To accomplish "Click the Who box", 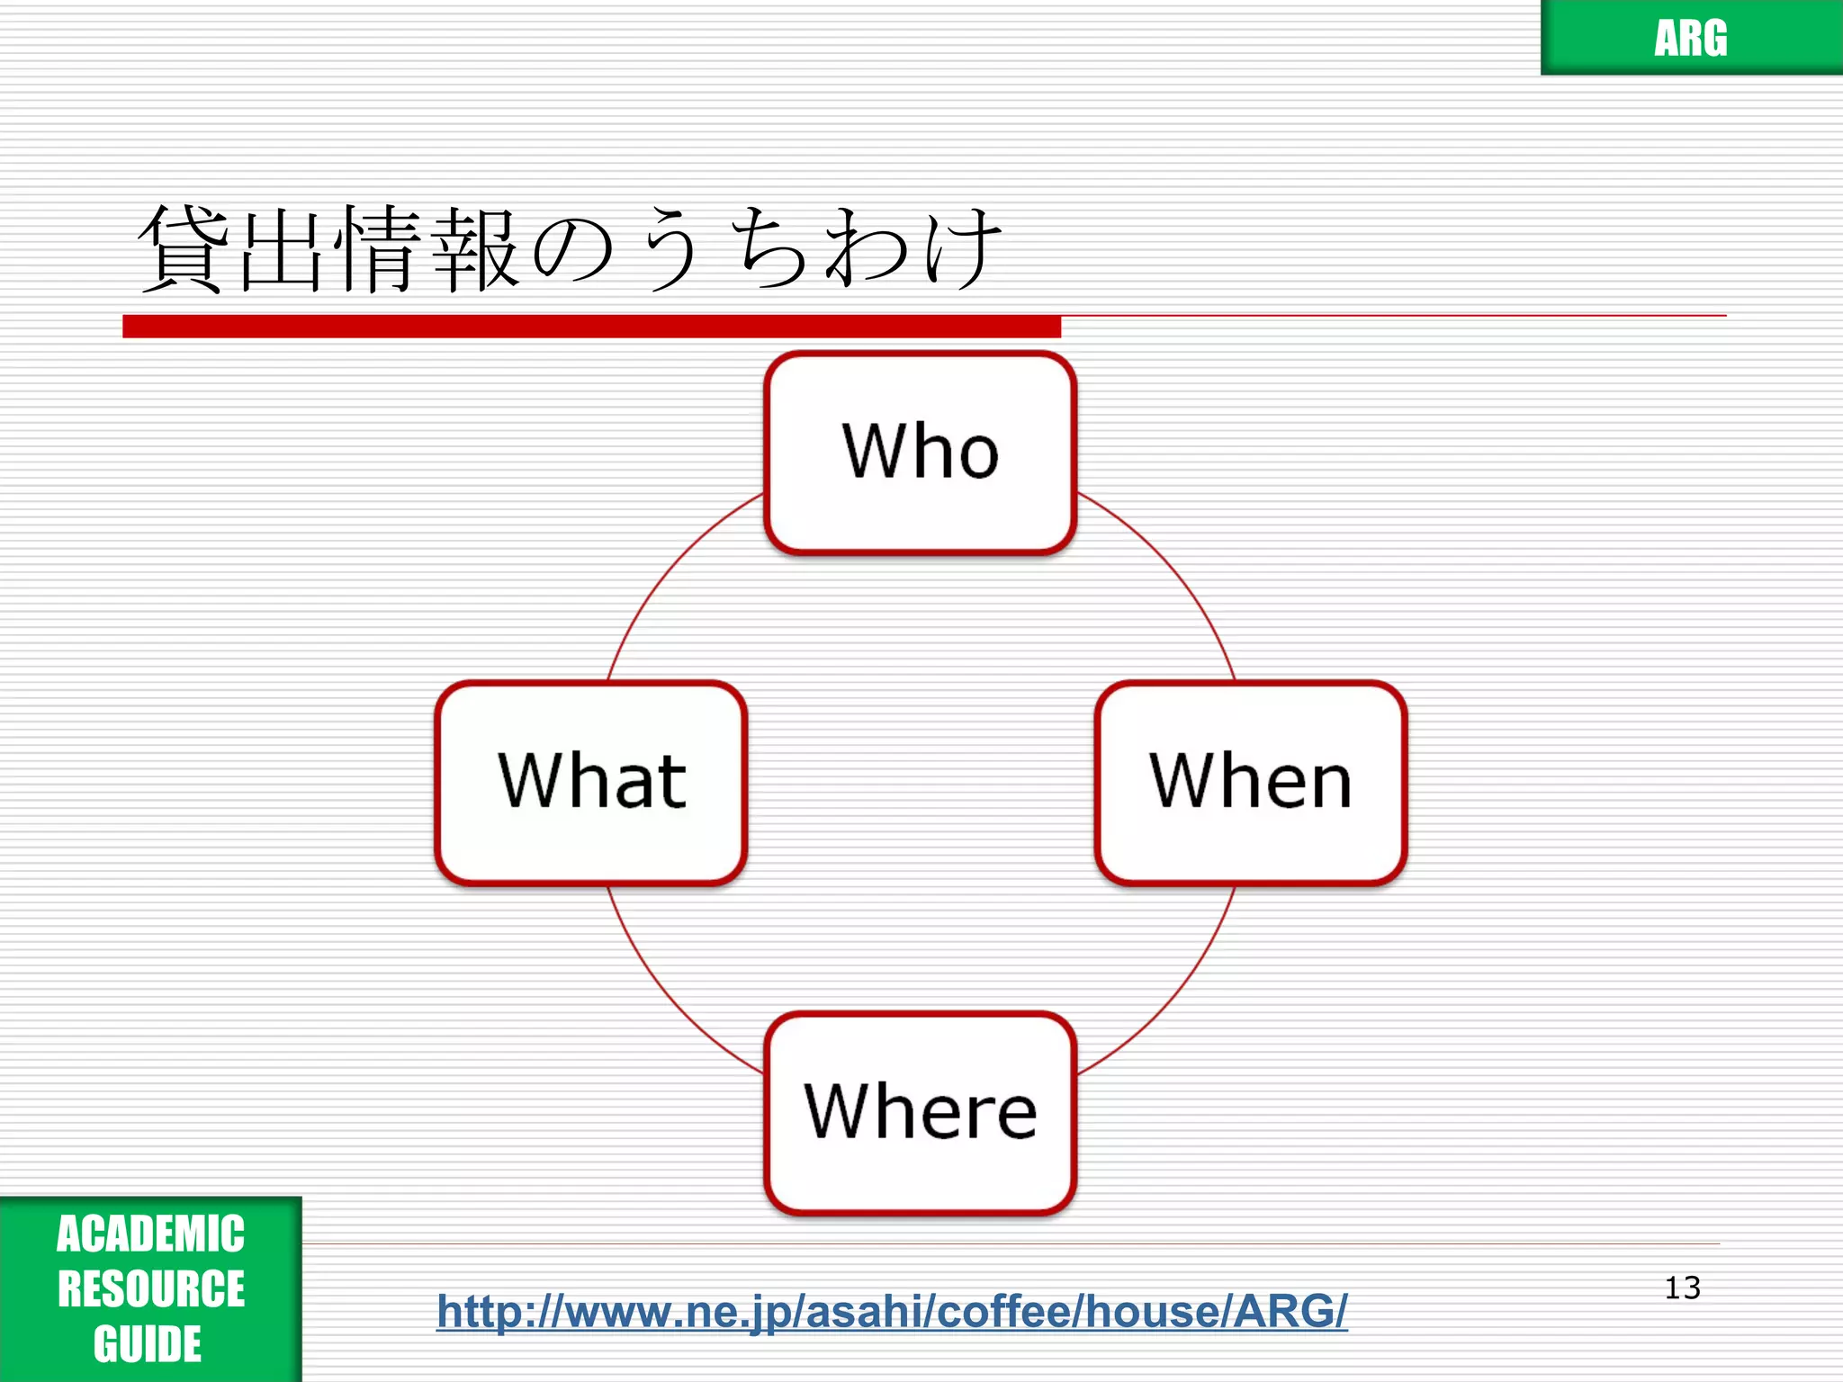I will [x=920, y=453].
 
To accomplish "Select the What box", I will [x=591, y=782].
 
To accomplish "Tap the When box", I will [x=1250, y=782].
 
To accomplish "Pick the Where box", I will [x=920, y=1113].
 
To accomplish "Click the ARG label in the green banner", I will [x=1690, y=39].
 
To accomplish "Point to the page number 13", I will [x=1682, y=1288].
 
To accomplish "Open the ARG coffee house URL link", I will [x=892, y=1311].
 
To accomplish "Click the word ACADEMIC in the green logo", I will [x=150, y=1234].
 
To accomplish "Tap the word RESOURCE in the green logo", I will [x=150, y=1288].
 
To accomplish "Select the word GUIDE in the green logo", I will [x=148, y=1344].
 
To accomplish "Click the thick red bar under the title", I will [x=591, y=327].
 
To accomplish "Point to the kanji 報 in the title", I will [x=475, y=249].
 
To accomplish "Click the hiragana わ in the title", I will [x=867, y=249].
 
